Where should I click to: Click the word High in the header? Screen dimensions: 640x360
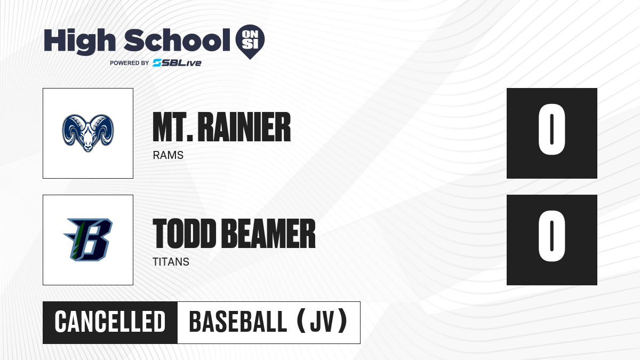point(80,42)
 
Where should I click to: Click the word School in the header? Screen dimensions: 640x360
point(177,41)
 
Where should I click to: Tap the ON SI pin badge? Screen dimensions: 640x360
point(250,42)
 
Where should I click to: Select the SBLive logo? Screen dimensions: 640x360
point(177,63)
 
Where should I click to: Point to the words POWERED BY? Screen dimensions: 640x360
point(130,63)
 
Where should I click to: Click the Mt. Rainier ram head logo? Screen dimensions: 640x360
point(88,133)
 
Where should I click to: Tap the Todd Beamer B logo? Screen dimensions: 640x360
point(88,239)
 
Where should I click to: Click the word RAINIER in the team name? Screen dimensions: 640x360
point(244,127)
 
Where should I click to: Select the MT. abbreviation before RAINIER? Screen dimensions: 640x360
point(173,127)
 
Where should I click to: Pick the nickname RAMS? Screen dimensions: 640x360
point(168,155)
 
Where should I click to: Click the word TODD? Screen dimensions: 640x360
point(185,234)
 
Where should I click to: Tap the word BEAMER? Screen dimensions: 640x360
point(268,234)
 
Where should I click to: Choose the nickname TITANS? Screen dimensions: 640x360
point(171,262)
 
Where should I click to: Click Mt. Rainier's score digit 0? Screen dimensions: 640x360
point(551,129)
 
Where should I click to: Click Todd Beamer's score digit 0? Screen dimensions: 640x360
point(551,236)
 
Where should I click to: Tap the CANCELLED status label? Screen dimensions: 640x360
point(110,322)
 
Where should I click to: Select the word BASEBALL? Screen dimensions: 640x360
point(238,322)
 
